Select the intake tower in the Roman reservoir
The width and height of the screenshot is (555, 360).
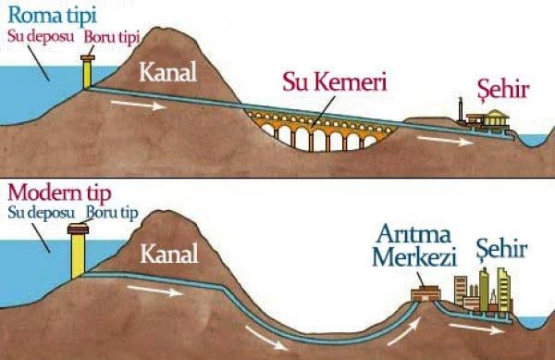pyautogui.click(x=89, y=69)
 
